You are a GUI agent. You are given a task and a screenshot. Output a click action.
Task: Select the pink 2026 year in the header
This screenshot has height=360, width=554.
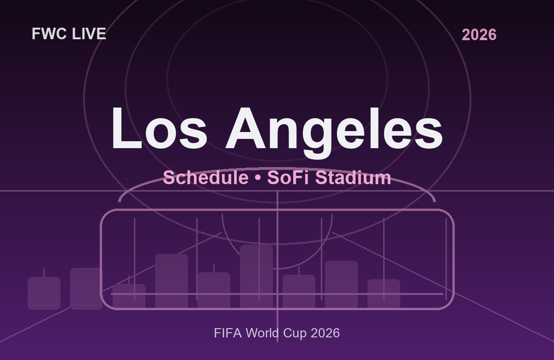479,35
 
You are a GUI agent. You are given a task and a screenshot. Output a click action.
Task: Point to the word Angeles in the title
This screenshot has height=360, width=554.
334,129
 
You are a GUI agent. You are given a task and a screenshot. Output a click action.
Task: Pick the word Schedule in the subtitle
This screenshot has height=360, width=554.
205,178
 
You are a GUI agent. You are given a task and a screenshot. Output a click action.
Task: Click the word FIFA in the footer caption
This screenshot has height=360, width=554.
228,333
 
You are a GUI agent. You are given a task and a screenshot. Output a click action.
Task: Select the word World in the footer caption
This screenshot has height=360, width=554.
261,333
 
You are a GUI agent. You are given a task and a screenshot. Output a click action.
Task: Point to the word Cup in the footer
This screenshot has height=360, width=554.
295,333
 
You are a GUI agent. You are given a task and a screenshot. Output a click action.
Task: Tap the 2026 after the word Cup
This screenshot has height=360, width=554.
325,333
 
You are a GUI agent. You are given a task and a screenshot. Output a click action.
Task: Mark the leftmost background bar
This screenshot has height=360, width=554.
44,293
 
